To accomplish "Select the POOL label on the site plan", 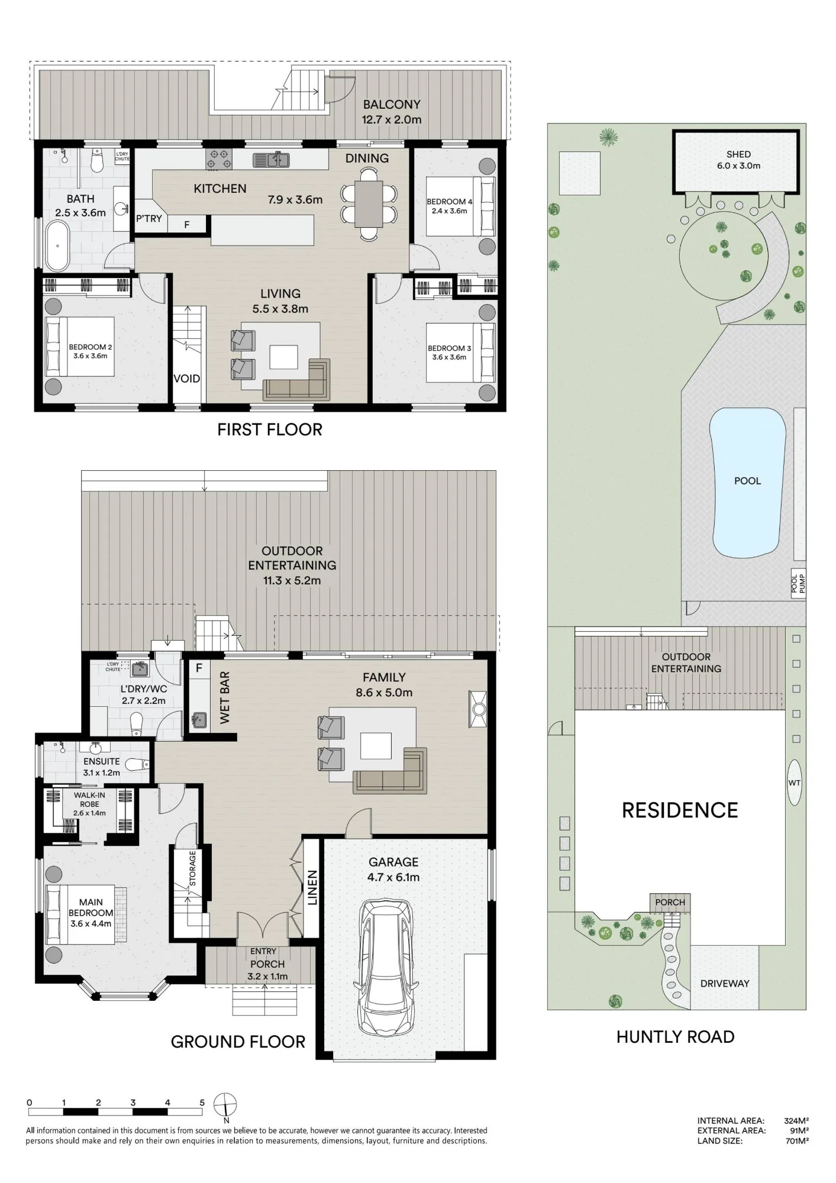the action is coord(747,481).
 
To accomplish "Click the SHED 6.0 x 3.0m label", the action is coord(738,160).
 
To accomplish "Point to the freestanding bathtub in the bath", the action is coord(57,246).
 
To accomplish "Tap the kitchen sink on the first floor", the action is coord(271,159).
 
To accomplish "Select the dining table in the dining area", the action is coord(369,203).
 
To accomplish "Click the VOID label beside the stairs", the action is coord(186,379).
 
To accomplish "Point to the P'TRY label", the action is coord(149,218).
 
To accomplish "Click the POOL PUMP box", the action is coord(798,584).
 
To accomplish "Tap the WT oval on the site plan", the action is coord(794,783).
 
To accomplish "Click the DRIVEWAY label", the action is coord(725,983).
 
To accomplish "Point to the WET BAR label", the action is coord(225,697).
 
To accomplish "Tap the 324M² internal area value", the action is coord(796,1120).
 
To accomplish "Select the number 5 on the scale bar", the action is coord(202,1103).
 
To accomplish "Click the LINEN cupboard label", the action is coord(312,887).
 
